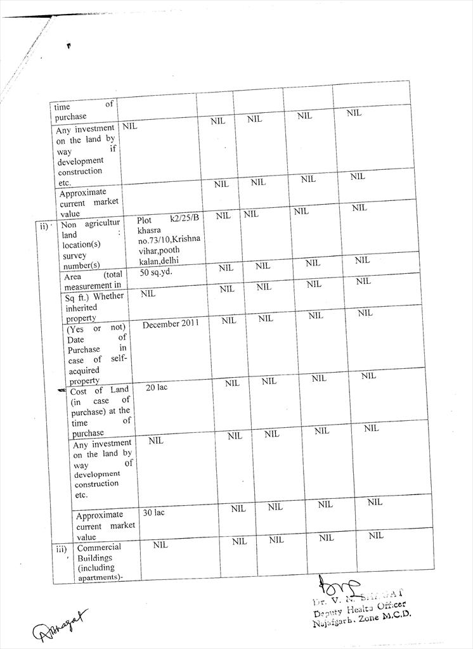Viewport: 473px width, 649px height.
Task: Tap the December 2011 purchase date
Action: tap(171, 323)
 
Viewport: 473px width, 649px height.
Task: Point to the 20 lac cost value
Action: tap(156, 387)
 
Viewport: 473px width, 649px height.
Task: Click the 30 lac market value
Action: tap(153, 511)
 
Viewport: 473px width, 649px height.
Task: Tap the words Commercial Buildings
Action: tap(99, 552)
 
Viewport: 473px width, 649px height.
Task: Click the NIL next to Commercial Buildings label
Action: tap(160, 545)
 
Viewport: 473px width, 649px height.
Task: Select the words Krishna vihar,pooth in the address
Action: tap(162, 246)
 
